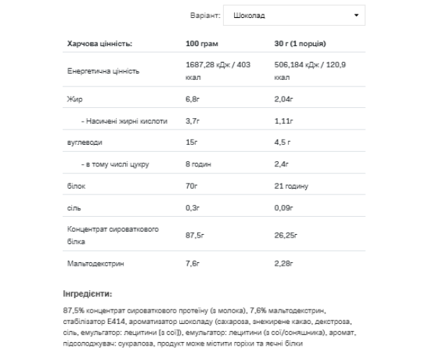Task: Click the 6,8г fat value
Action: (x=193, y=99)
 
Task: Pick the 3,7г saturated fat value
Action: (x=193, y=120)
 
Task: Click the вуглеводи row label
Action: (x=84, y=143)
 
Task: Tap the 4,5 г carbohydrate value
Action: (x=284, y=143)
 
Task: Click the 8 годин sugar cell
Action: (x=199, y=164)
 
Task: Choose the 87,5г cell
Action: (x=196, y=235)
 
